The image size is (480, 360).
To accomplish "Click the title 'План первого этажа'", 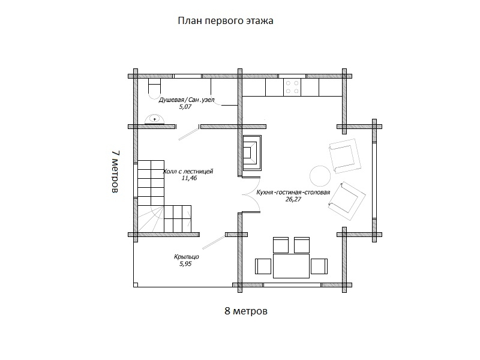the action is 226,21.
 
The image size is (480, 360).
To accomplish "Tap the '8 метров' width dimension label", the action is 246,311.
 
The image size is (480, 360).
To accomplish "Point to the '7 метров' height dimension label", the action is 115,172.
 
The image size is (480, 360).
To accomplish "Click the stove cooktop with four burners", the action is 292,87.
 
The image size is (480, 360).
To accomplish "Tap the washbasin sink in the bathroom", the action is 154,119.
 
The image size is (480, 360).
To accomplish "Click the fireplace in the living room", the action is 252,152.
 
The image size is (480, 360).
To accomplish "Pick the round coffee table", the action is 320,176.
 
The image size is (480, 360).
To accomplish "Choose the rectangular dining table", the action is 291,266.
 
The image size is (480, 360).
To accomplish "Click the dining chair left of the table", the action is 263,266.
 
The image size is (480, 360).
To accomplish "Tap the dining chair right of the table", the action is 319,266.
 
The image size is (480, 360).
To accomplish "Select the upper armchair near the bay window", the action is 344,156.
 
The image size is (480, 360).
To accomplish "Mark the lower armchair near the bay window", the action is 347,201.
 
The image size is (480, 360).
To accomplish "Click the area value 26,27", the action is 293,199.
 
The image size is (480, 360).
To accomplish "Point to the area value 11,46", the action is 189,178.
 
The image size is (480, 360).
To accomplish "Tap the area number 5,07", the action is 185,107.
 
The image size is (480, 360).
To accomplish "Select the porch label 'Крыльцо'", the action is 187,257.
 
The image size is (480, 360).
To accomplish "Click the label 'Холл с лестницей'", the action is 188,172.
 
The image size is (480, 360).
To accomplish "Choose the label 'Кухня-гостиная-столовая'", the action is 293,193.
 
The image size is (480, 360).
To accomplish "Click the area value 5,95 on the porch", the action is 185,264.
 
